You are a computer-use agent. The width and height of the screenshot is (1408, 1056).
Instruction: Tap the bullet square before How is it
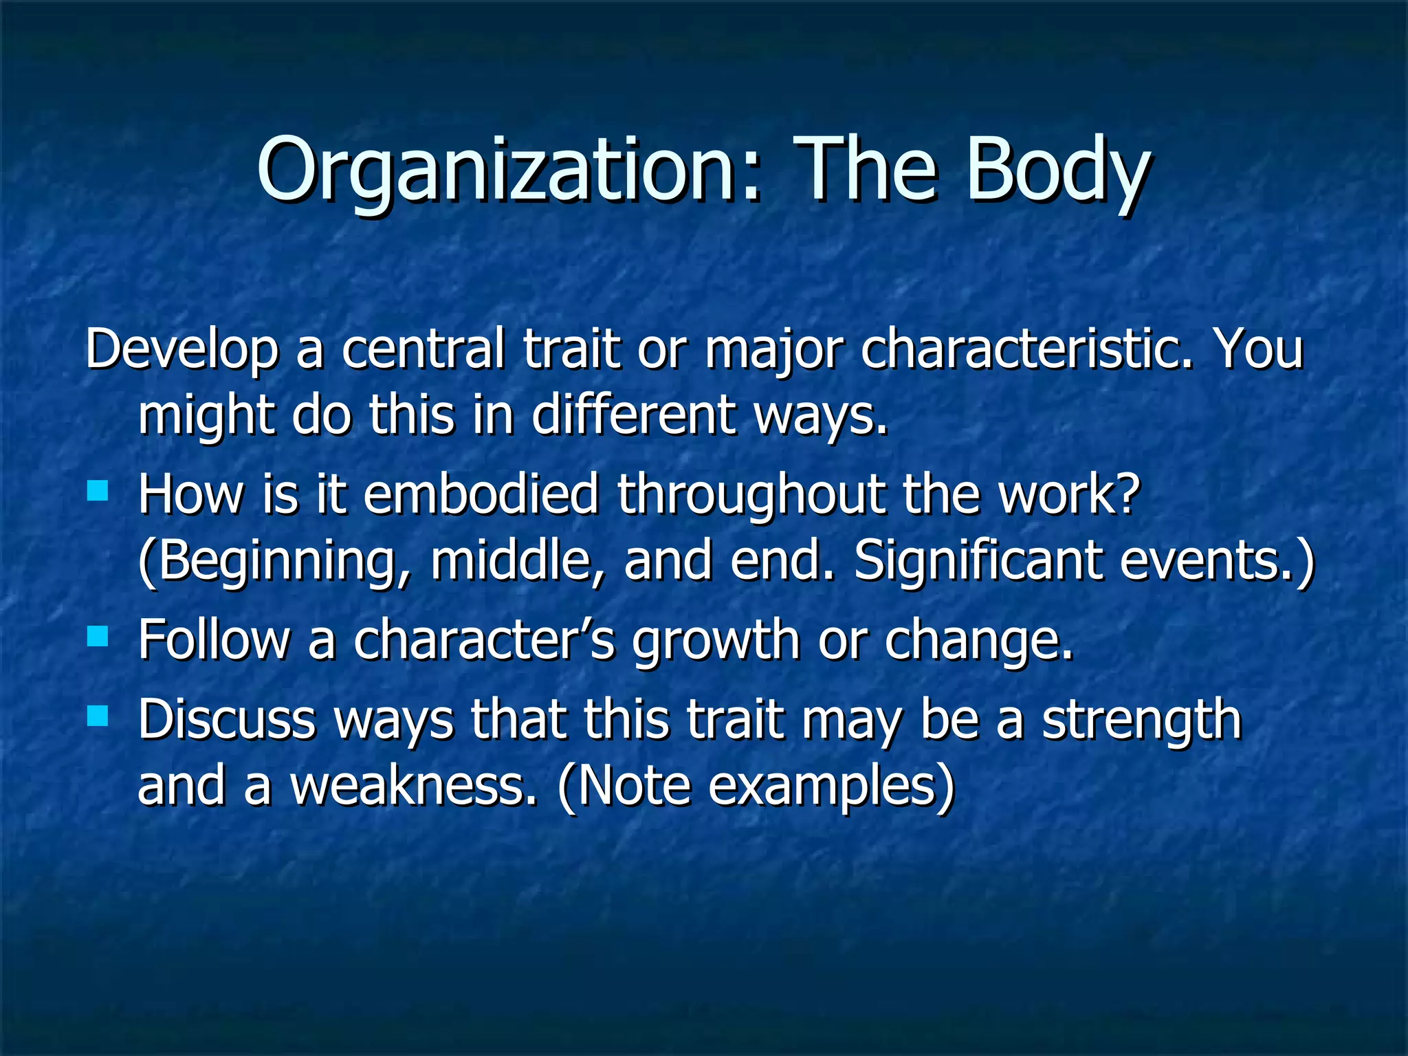tap(98, 491)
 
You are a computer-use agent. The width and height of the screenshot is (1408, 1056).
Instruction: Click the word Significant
tap(977, 560)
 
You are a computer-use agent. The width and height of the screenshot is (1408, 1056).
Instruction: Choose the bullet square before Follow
tap(98, 637)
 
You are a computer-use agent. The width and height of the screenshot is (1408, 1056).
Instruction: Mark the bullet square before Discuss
tap(98, 716)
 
